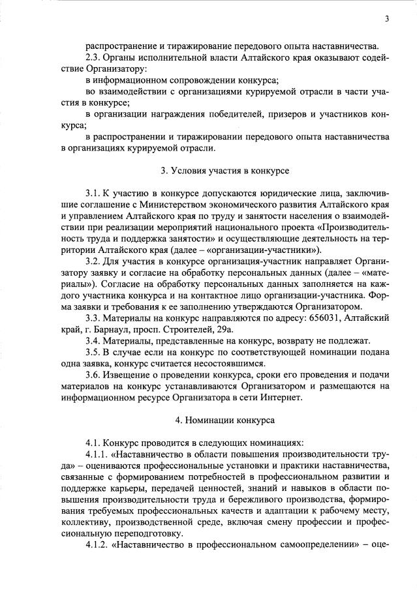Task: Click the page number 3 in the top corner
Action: pyautogui.click(x=387, y=19)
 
